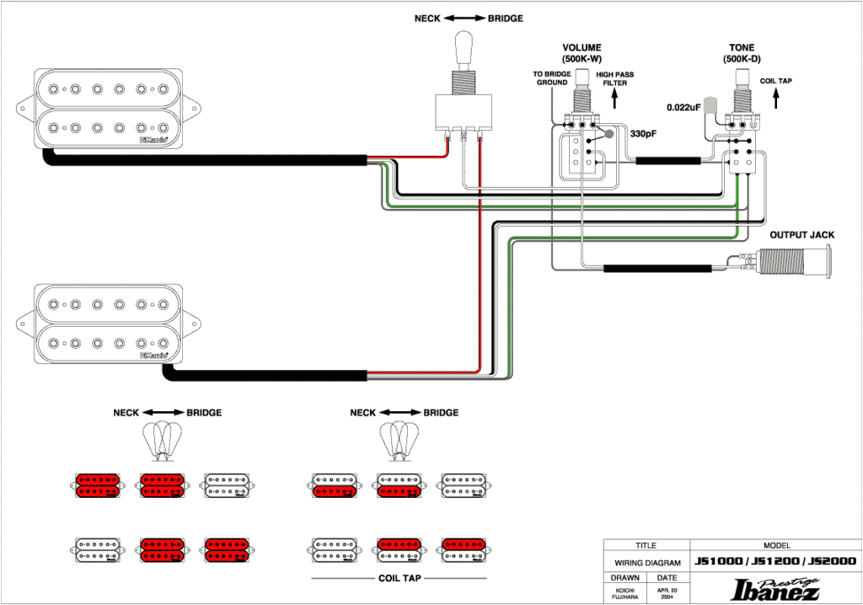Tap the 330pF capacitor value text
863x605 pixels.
pos(644,133)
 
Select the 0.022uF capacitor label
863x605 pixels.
pos(683,107)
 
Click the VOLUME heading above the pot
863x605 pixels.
pos(582,48)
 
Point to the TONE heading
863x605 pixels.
pos(742,48)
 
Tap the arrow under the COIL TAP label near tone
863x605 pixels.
pos(776,99)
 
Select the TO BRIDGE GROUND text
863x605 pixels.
pos(552,78)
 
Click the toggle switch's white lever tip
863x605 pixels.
pos(464,42)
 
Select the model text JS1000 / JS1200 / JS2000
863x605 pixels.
pos(775,561)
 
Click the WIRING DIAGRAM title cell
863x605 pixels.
pos(646,562)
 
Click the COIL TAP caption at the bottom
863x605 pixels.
pos(399,579)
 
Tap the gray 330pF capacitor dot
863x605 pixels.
pos(608,133)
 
